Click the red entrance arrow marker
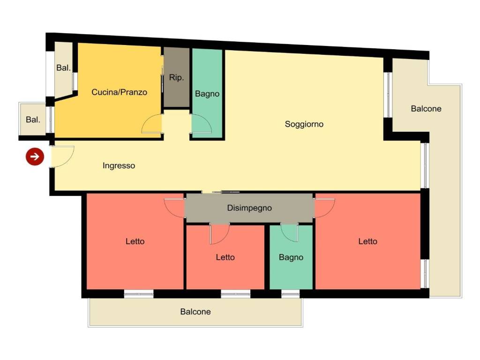coord(35,157)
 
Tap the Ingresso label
coord(119,165)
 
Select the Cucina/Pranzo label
coord(120,92)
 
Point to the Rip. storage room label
coord(176,77)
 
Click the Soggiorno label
coord(304,124)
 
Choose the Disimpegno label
coord(249,208)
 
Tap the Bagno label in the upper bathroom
coord(207,94)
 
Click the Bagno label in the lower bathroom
coord(291,257)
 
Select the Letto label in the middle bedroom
coord(225,257)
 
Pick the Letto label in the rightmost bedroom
coord(367,241)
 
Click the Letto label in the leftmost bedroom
coord(135,241)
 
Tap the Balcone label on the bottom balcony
coord(195,312)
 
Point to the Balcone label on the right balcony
coord(426,109)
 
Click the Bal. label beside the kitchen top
coord(63,67)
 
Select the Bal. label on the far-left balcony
coord(33,120)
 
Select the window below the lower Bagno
coord(290,294)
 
